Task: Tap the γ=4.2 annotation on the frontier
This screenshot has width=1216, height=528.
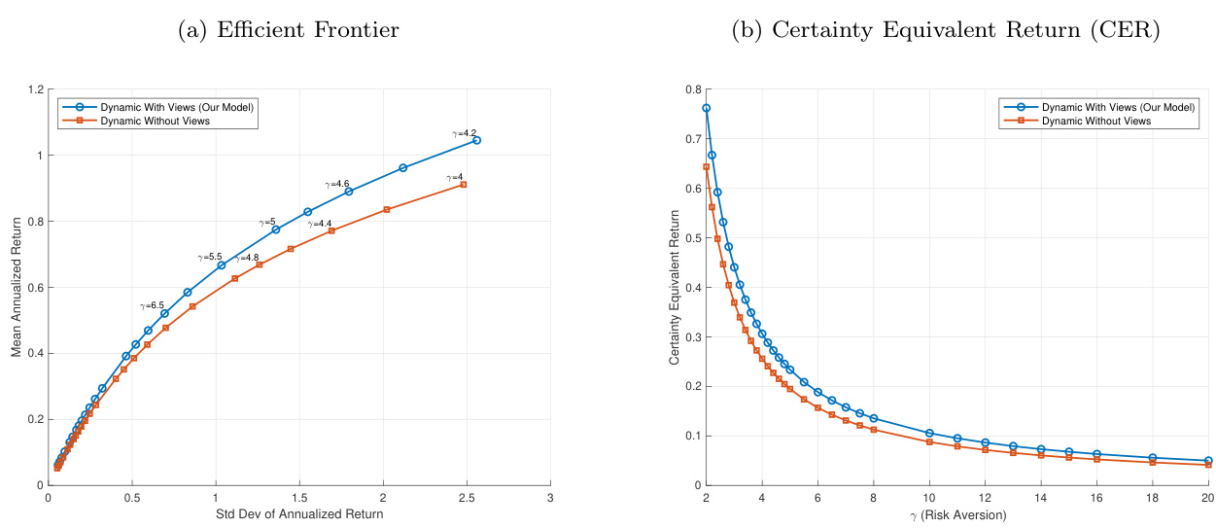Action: pyautogui.click(x=465, y=132)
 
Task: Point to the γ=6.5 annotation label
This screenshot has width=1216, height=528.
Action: pyautogui.click(x=152, y=305)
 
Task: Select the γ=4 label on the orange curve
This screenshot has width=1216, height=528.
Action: pyautogui.click(x=454, y=177)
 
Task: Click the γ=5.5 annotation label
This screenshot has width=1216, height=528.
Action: pyautogui.click(x=210, y=257)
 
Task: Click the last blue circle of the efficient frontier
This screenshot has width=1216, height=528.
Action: pyautogui.click(x=476, y=140)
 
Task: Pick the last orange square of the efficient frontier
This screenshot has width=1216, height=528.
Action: pyautogui.click(x=463, y=184)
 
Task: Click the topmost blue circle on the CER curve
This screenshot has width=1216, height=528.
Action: pyautogui.click(x=706, y=108)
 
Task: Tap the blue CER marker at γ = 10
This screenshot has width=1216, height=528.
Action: pyautogui.click(x=929, y=433)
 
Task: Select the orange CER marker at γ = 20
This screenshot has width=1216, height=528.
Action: pyautogui.click(x=1208, y=465)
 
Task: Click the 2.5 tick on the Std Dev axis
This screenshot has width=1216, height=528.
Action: pyautogui.click(x=467, y=497)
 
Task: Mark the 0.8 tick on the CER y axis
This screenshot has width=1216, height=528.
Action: pyautogui.click(x=692, y=90)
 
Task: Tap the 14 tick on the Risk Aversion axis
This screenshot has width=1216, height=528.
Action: pyautogui.click(x=1041, y=497)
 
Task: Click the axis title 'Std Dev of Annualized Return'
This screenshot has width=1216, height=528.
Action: pyautogui.click(x=299, y=513)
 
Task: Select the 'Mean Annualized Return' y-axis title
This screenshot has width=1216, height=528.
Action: pyautogui.click(x=17, y=288)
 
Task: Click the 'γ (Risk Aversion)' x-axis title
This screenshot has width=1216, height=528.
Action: pyautogui.click(x=956, y=513)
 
